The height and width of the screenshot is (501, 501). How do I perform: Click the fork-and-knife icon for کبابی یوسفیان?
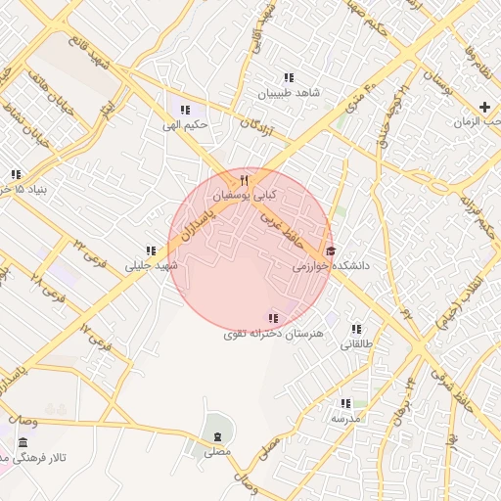[245, 181]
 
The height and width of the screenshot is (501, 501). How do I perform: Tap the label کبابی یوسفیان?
[245, 196]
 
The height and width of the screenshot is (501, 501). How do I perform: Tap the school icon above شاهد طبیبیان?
[288, 77]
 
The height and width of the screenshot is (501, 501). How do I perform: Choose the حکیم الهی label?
[184, 125]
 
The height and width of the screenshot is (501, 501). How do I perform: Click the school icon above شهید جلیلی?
[151, 250]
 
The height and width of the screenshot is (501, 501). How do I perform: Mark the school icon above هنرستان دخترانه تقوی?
[273, 318]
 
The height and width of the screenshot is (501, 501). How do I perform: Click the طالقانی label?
[355, 344]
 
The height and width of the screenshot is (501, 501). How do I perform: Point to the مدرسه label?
[345, 419]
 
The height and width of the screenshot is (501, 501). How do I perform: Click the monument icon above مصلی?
[216, 434]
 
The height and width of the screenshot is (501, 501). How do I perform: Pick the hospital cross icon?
[485, 106]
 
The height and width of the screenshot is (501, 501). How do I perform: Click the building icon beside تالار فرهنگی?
[23, 443]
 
